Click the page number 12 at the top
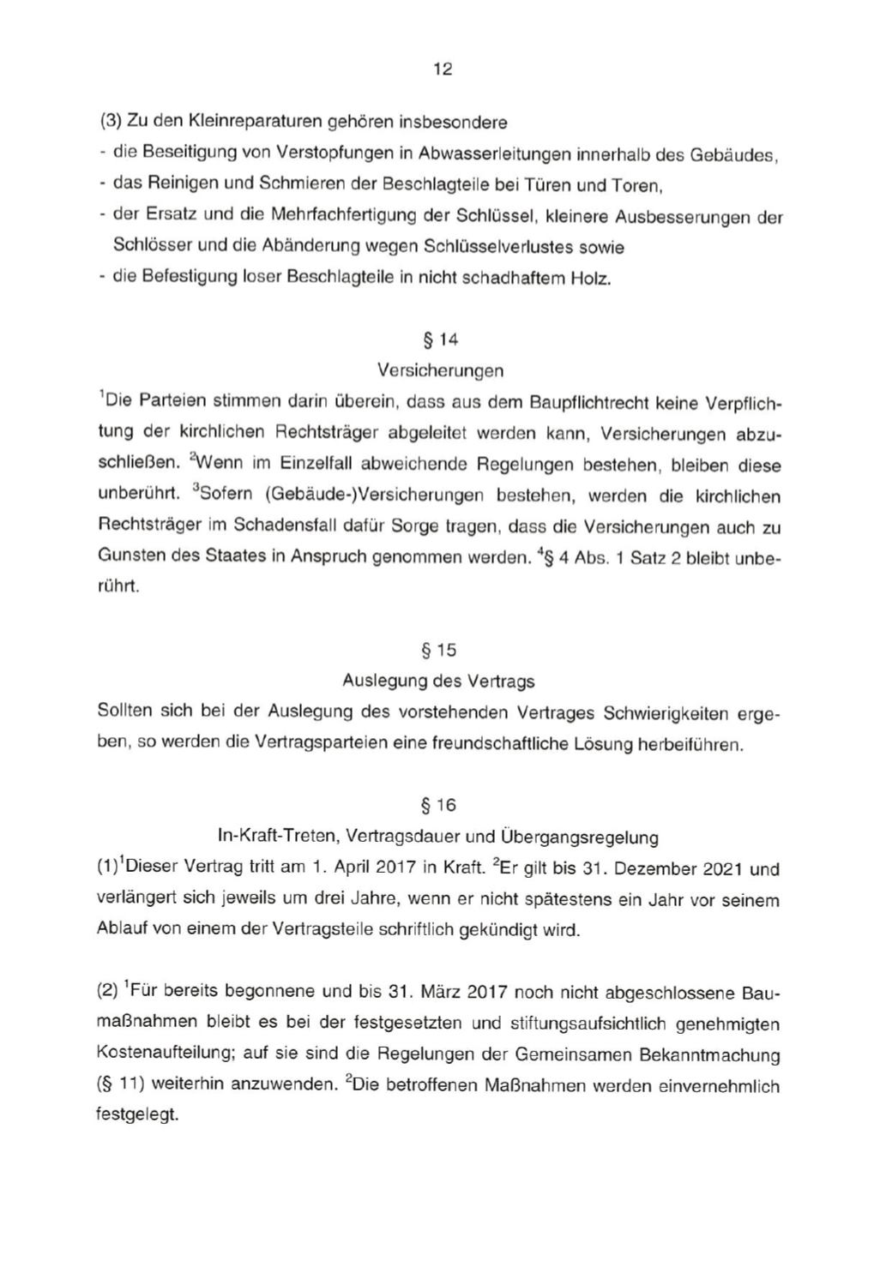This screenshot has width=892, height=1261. (443, 69)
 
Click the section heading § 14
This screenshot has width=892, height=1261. (441, 339)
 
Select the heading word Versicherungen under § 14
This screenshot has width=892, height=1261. (440, 370)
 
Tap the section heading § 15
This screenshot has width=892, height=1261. (439, 650)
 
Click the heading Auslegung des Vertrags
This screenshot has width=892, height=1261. (438, 682)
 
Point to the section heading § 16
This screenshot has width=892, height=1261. (439, 805)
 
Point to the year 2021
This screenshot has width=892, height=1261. (722, 868)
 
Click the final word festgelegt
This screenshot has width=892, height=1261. (137, 1116)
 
